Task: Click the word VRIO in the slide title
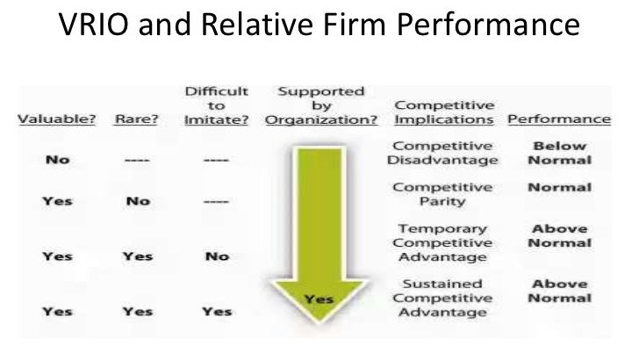(x=97, y=25)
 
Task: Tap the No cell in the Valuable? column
(x=57, y=160)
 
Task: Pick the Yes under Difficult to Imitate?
(x=217, y=312)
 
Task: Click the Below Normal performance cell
(x=558, y=153)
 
